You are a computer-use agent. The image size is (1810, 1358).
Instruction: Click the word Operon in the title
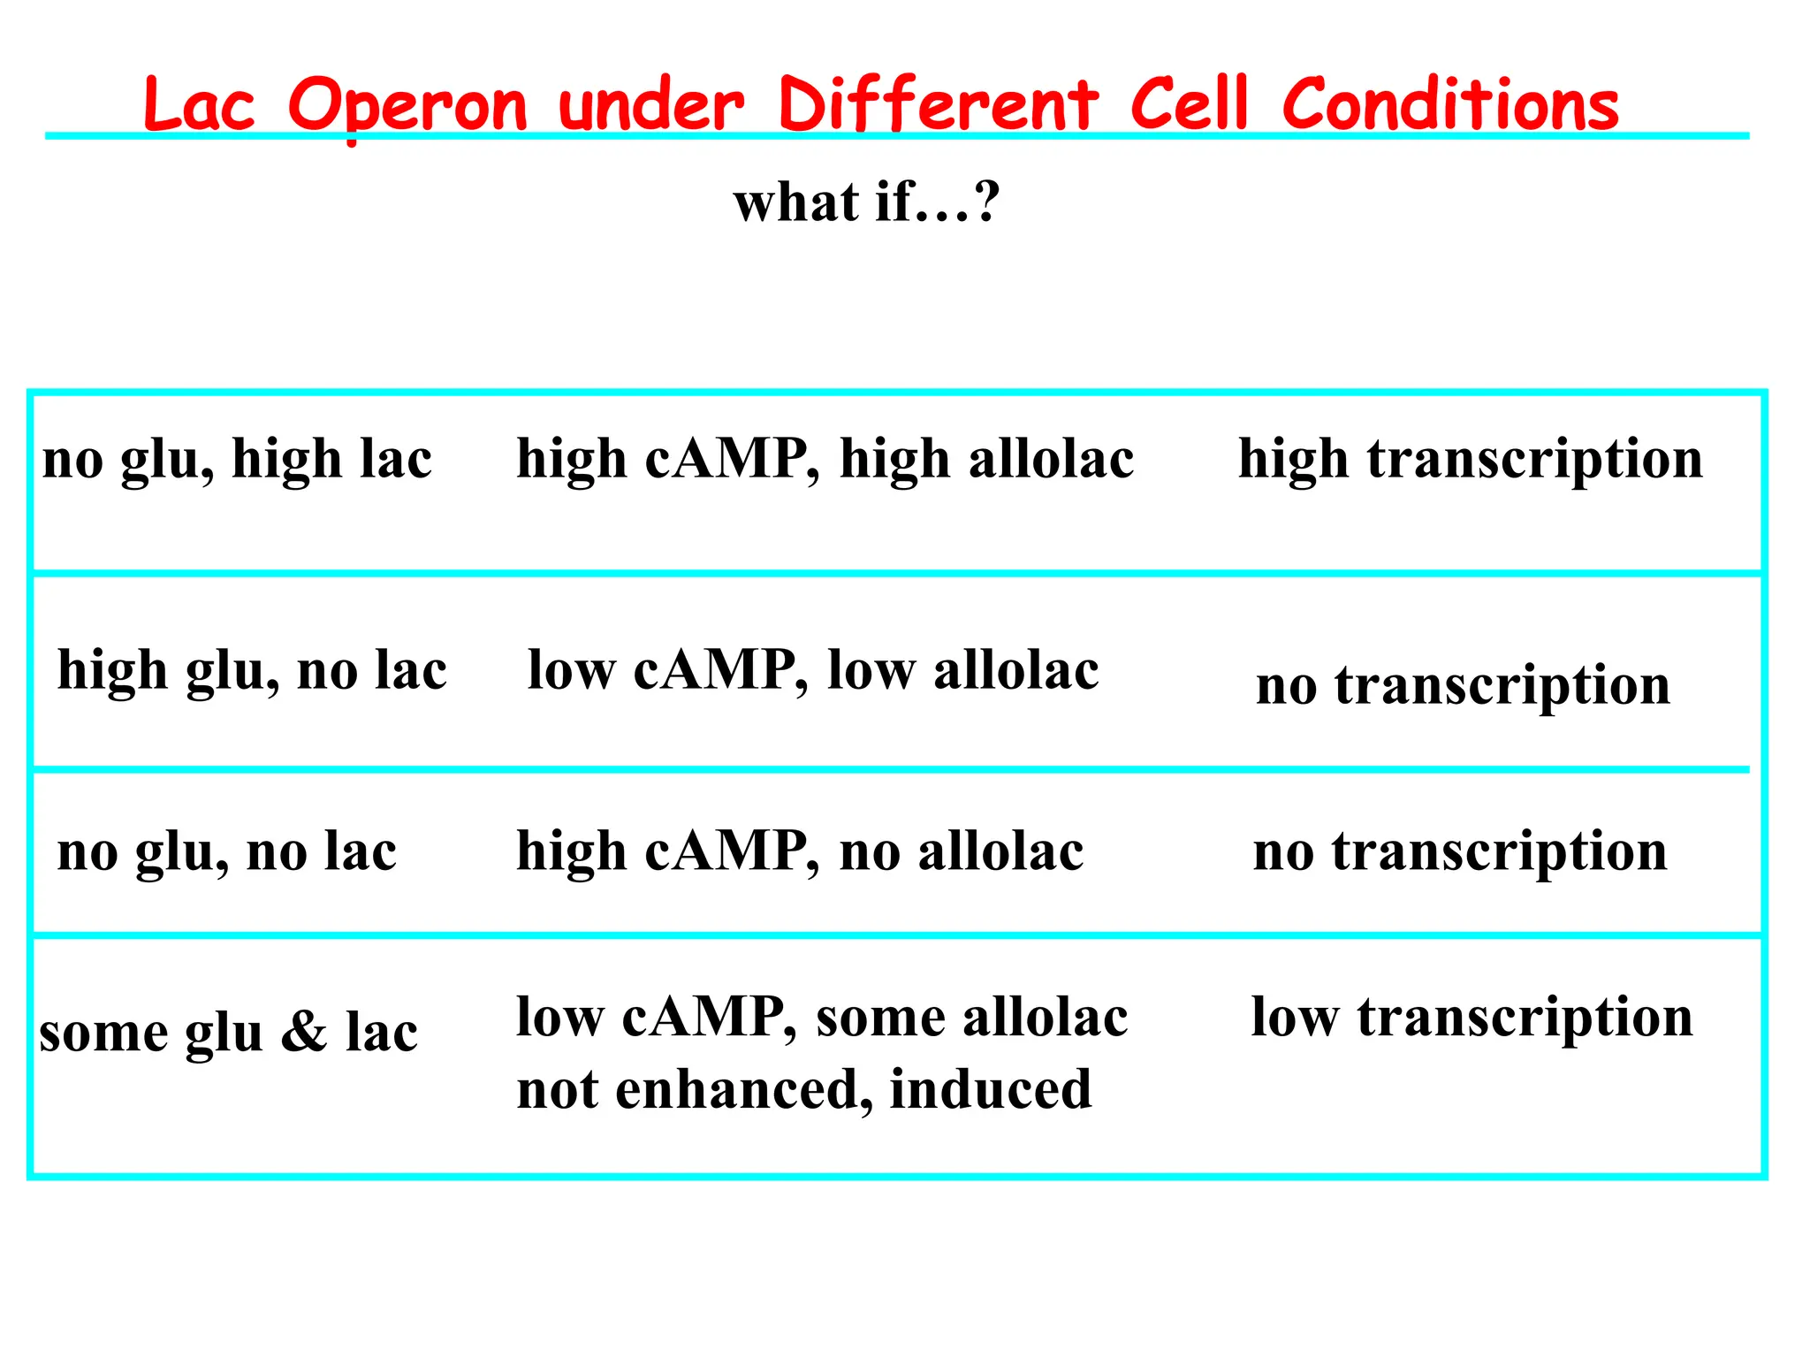407,106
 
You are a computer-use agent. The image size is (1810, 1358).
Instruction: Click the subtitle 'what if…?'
866,202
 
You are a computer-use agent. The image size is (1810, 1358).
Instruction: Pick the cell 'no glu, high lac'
237,460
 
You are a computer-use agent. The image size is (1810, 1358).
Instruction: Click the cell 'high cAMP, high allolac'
825,460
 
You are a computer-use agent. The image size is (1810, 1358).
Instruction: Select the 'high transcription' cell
1470,460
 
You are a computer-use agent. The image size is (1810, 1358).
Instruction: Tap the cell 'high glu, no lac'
252,670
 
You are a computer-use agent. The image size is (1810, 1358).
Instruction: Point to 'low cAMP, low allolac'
813,670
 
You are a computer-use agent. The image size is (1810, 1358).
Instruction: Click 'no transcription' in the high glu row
1463,685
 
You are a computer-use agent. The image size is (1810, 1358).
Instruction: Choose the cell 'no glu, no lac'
227,852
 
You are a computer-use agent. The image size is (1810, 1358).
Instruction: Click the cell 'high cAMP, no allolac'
800,852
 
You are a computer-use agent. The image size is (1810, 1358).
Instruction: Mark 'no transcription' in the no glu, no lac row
1460,852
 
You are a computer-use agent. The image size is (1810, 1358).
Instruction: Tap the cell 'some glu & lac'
228,1032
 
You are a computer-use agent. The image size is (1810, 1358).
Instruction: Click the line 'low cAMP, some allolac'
822,1018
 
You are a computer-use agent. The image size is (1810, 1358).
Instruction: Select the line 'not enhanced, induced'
804,1089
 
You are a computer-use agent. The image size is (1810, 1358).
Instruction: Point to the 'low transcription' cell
1472,1018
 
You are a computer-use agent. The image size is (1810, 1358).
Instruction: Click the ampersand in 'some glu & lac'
304,1032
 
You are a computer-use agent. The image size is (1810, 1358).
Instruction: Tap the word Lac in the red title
199,106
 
